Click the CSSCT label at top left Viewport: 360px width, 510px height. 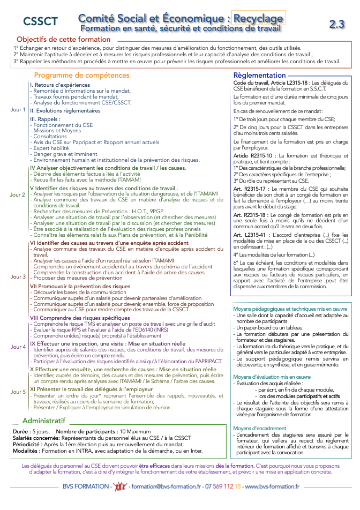41,21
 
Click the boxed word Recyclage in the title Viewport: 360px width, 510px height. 258,19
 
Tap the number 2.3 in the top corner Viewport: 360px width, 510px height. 337,24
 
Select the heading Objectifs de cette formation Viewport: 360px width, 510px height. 64,40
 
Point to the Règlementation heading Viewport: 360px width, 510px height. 260,76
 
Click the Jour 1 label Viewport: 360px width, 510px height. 18,110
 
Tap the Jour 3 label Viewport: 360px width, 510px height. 18,276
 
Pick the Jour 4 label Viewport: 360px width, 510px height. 18,347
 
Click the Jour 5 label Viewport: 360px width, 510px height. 18,392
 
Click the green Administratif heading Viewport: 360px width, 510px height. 48,421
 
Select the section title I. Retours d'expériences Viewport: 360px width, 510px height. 60,85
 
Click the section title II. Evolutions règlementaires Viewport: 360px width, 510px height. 65,110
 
